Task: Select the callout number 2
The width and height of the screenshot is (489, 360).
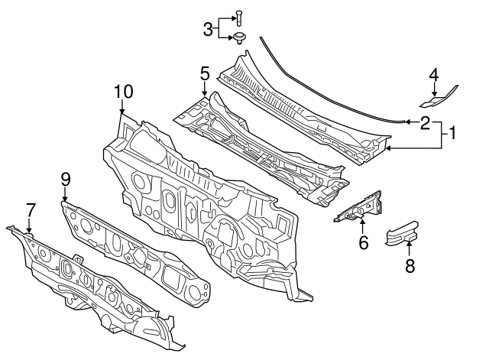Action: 425,122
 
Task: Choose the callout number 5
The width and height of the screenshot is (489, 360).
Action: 205,73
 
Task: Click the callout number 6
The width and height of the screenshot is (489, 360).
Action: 364,243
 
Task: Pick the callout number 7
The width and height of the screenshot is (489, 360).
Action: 31,209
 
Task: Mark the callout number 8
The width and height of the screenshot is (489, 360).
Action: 410,267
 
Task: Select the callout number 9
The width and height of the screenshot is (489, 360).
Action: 66,179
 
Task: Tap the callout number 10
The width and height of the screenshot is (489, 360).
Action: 123,92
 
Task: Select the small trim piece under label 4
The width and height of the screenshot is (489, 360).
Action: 436,97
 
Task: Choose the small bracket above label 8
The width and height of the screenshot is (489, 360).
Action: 400,234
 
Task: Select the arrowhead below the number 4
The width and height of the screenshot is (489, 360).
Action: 433,94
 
